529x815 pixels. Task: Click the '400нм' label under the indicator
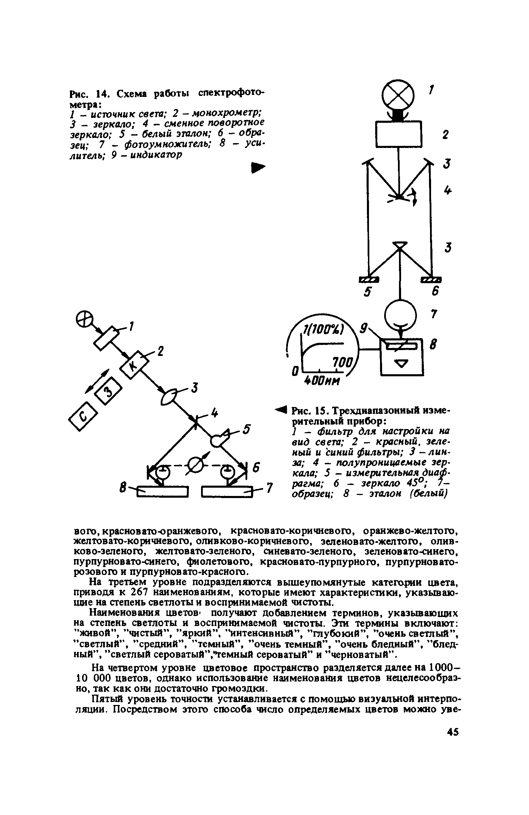point(321,381)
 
